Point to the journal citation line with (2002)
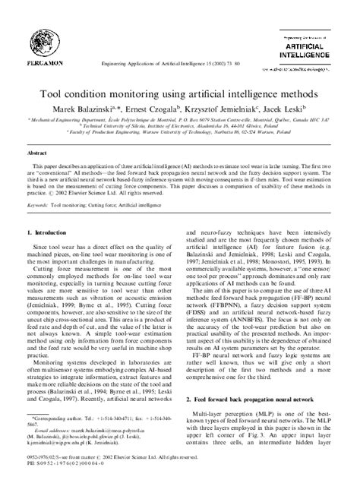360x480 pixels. point(179,56)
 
